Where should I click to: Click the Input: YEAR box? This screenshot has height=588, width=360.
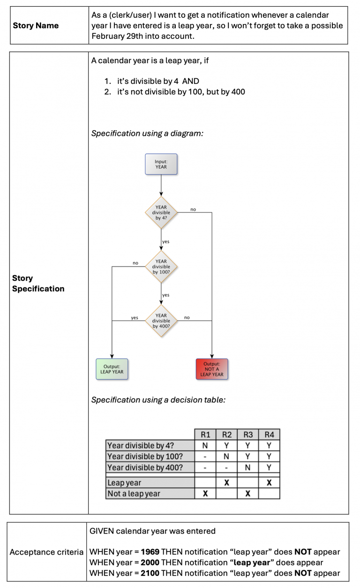point(161,164)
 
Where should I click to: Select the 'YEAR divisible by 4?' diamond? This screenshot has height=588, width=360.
point(161,212)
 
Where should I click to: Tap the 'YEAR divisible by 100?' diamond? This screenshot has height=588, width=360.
point(161,267)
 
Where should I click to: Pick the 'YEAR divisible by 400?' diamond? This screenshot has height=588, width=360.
point(161,320)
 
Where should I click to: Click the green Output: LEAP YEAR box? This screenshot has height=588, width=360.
point(112,369)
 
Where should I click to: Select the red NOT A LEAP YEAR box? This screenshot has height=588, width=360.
point(212,369)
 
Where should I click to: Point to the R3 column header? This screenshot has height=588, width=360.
point(248,435)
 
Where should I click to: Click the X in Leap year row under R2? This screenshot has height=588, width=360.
point(226,483)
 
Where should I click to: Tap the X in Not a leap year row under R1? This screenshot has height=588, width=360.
point(205,493)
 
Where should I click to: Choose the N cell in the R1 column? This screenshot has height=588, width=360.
point(205,446)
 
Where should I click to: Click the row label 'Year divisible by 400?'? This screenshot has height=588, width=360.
point(145,467)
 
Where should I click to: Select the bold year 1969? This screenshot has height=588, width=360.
point(150,551)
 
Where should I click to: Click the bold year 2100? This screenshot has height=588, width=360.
point(150,573)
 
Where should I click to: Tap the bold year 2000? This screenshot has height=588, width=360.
point(150,562)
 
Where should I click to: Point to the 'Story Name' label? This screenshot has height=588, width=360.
point(36,25)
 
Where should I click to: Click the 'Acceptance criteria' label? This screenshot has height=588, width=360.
point(46,552)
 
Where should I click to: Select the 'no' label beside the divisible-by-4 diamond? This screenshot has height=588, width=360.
point(193,209)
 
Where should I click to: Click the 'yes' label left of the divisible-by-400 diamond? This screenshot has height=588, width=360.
point(135,318)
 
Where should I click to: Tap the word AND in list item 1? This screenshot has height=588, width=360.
point(191,81)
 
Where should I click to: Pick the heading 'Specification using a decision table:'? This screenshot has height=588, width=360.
point(158,400)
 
